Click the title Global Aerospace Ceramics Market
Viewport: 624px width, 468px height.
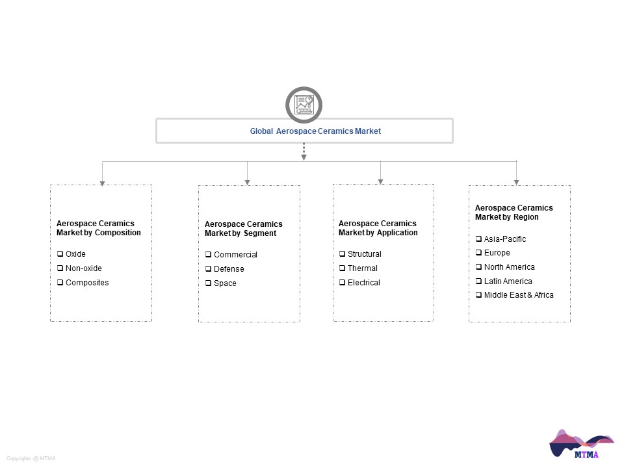(315, 131)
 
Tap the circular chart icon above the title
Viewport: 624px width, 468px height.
(304, 105)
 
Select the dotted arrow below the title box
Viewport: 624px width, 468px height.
(304, 151)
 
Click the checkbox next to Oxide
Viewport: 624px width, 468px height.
(60, 253)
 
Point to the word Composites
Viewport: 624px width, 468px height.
(87, 283)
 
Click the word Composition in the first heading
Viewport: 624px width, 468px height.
(118, 233)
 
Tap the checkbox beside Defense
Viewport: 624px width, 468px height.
(208, 268)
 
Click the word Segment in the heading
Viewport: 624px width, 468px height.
(259, 233)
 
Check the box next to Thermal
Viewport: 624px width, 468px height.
(343, 268)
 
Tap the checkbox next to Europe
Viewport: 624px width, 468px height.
(479, 252)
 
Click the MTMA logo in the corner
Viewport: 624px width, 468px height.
(581, 444)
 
